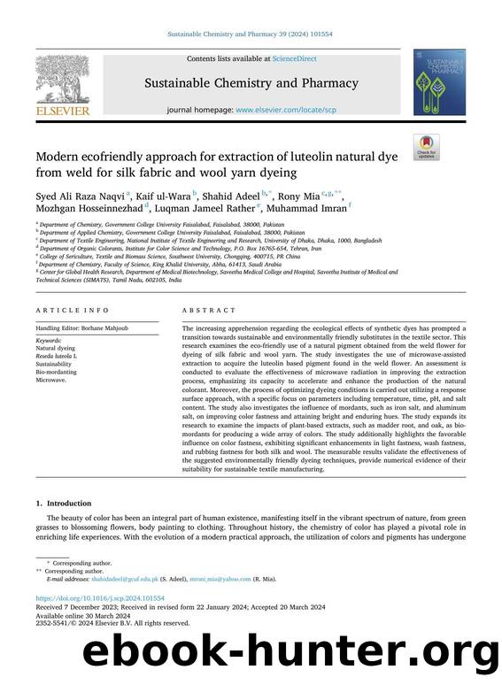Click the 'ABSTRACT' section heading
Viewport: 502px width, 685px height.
[209, 311]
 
